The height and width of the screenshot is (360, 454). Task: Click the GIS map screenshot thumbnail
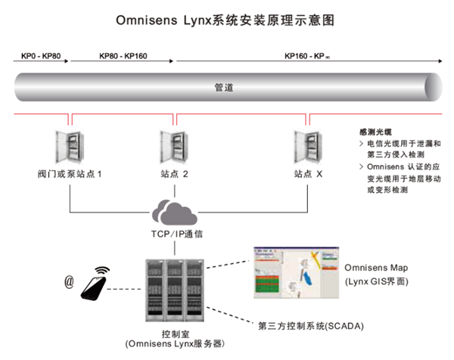coord(293,272)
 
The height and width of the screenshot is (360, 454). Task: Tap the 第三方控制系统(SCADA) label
coord(311,326)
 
